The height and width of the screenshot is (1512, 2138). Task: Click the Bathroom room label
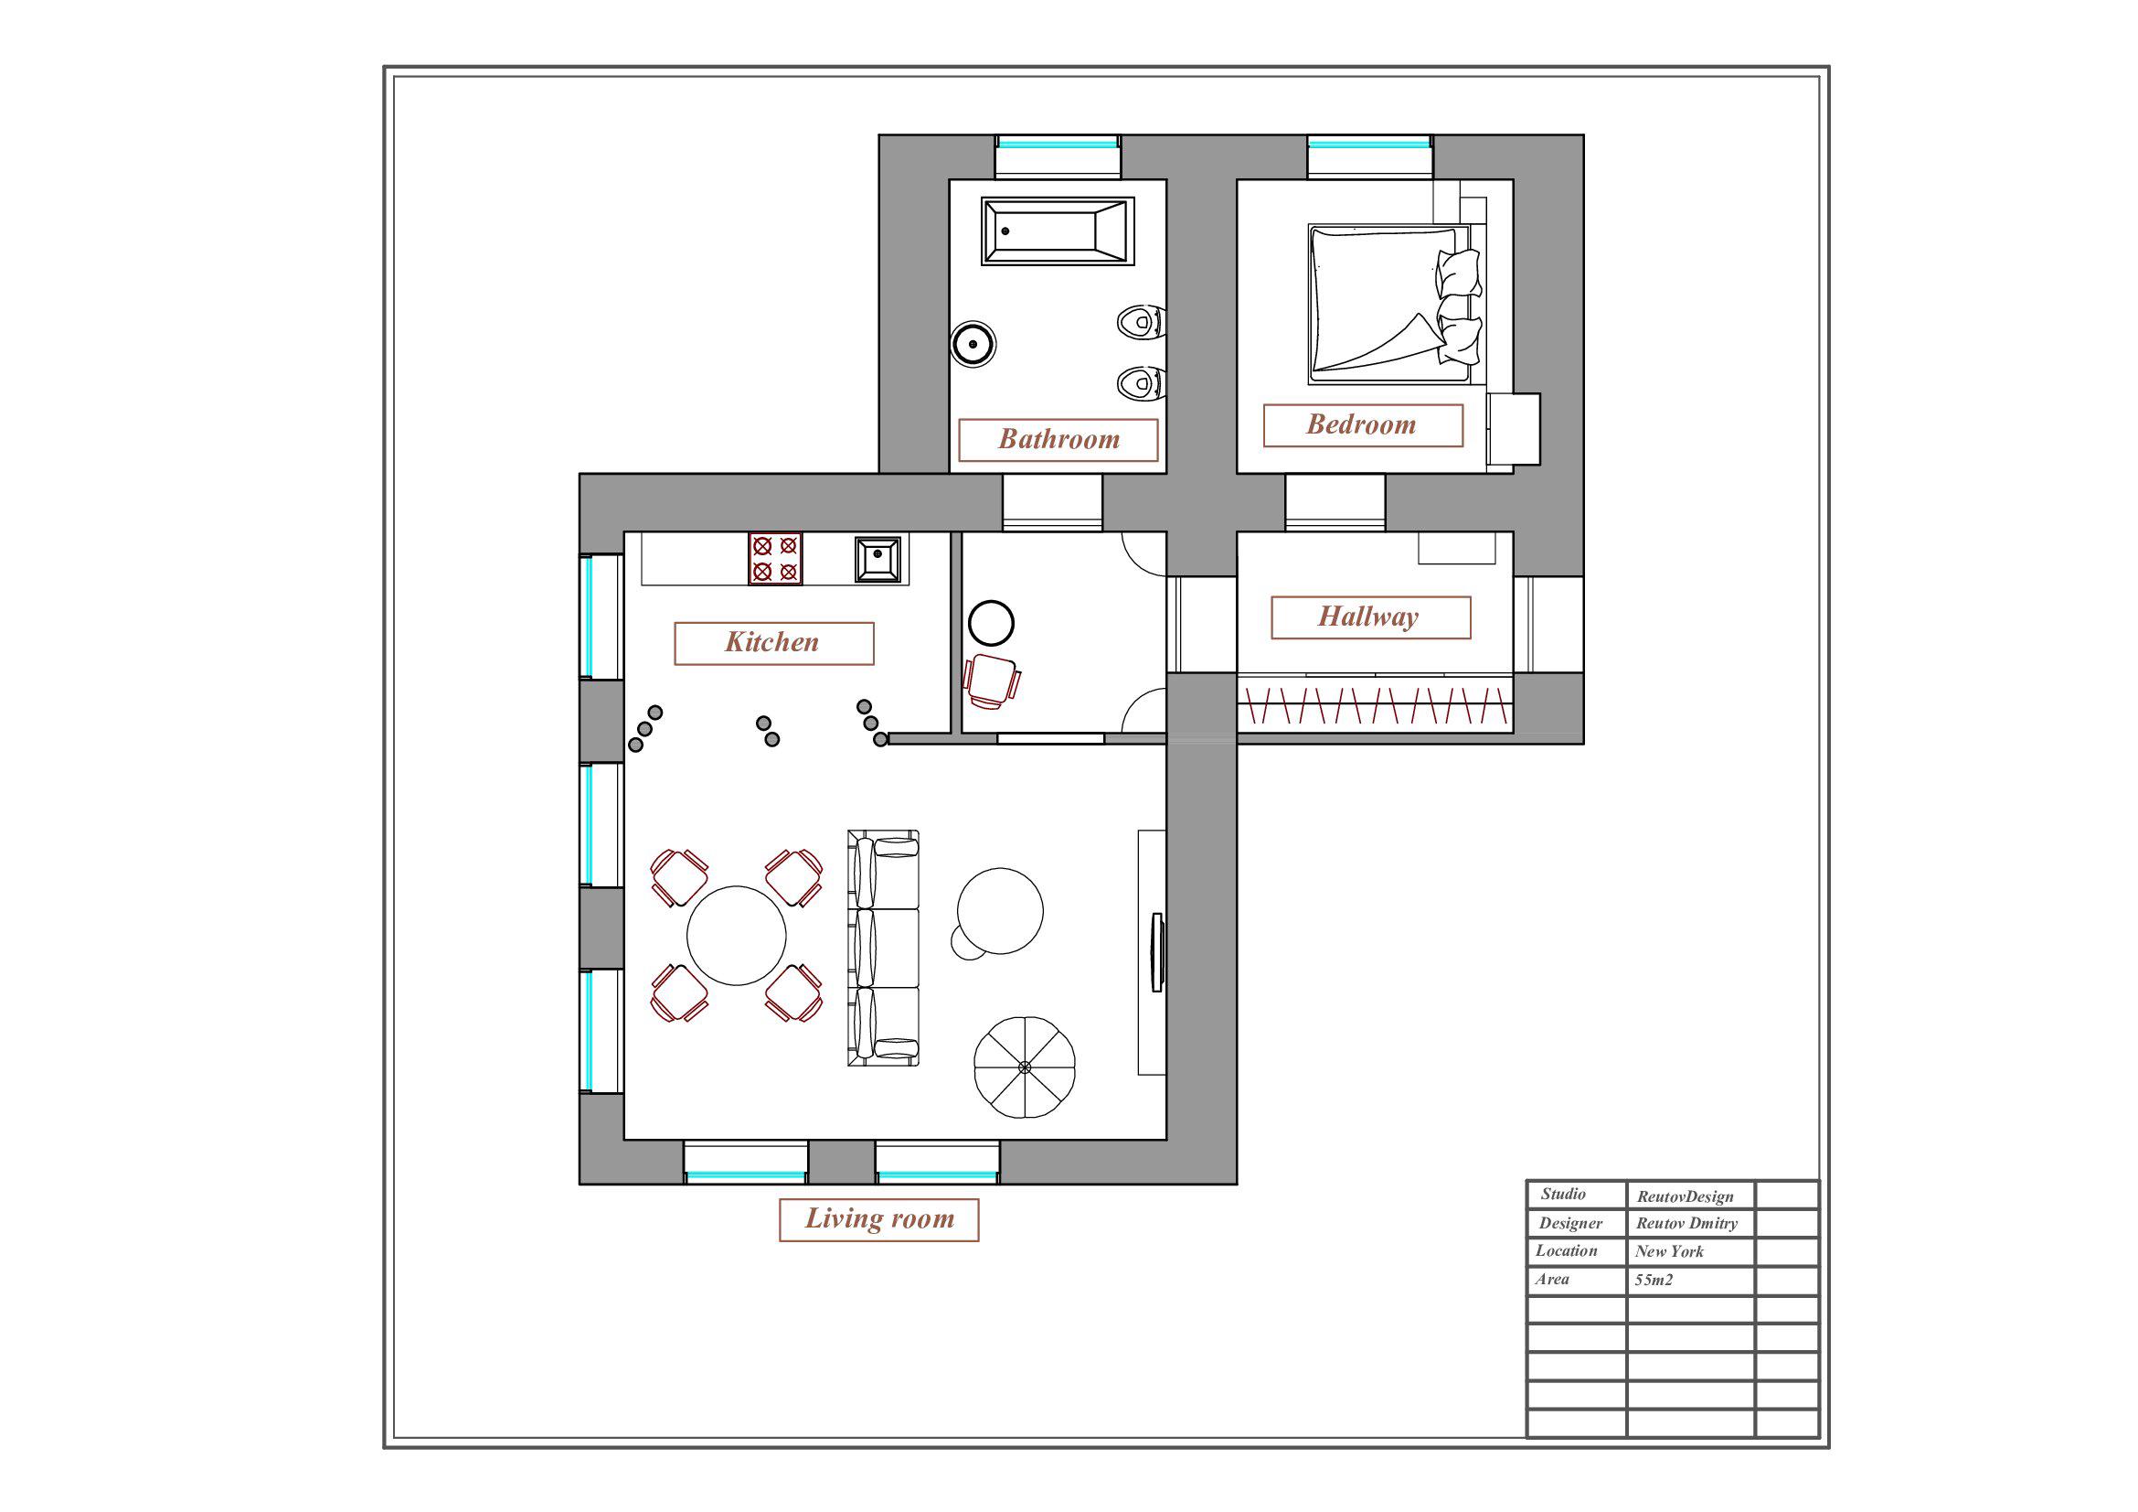point(1058,440)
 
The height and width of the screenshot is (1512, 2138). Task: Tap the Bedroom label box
point(1362,424)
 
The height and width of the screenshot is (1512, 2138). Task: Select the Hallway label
point(1371,617)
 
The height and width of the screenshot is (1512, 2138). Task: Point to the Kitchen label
point(774,643)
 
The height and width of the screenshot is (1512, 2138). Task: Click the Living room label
point(879,1219)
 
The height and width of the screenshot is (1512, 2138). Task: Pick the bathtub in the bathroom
point(1058,231)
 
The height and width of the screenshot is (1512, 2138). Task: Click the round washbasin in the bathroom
point(973,344)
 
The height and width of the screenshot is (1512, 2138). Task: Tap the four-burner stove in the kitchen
point(776,558)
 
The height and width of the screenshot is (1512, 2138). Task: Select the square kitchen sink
point(878,559)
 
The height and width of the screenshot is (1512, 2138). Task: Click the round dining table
point(737,936)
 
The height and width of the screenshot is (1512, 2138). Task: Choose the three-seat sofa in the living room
point(883,948)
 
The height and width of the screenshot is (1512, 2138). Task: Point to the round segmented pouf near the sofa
point(1025,1067)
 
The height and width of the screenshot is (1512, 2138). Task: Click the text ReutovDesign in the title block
point(1686,1197)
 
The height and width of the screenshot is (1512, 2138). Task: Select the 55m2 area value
point(1654,1280)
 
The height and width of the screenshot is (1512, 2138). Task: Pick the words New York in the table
point(1670,1252)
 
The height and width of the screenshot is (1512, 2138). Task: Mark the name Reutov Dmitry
point(1687,1223)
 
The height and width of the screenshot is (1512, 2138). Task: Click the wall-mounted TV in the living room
point(1157,952)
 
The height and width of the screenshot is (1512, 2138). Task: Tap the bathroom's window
point(1057,145)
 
